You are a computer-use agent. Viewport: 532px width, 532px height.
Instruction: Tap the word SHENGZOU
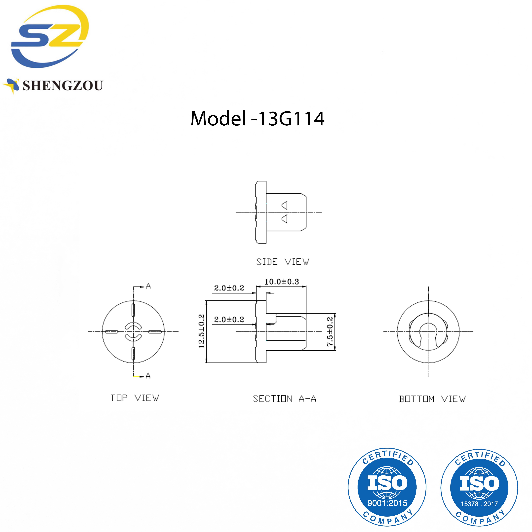pyautogui.click(x=63, y=86)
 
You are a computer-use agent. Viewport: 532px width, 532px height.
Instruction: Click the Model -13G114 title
pyautogui.click(x=257, y=119)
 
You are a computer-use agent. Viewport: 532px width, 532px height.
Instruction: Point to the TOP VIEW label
pyautogui.click(x=135, y=398)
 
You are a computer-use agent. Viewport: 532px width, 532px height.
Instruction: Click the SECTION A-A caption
pyautogui.click(x=284, y=399)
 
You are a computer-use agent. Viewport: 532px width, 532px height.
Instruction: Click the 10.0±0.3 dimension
pyautogui.click(x=281, y=282)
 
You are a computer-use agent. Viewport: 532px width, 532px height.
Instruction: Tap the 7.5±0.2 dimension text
pyautogui.click(x=330, y=332)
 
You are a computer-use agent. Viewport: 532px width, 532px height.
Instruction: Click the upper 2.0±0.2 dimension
pyautogui.click(x=229, y=288)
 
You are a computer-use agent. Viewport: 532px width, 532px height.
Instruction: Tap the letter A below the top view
pyautogui.click(x=148, y=376)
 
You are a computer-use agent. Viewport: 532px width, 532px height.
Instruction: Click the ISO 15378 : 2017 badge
pyautogui.click(x=479, y=487)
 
